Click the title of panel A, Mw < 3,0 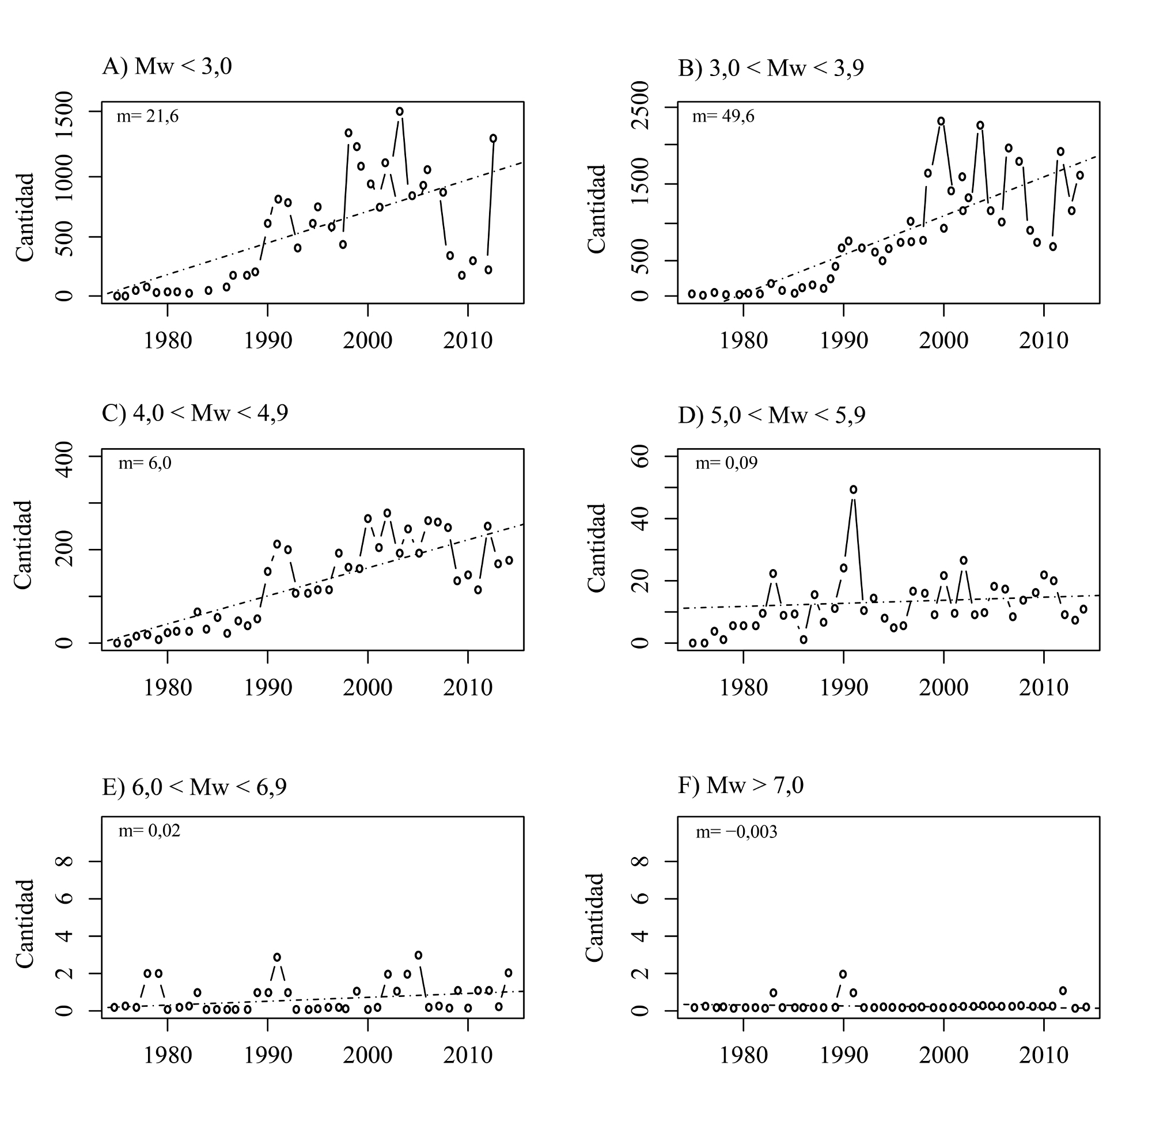tap(167, 66)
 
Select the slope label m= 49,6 tap(723, 116)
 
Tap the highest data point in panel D tap(852, 490)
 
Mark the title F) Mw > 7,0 tap(741, 786)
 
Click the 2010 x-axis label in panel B tap(1044, 340)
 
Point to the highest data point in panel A tap(400, 112)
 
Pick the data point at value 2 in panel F tap(843, 975)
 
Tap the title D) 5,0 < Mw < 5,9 tap(772, 415)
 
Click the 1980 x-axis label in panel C tap(168, 688)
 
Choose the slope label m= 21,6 tap(147, 116)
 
